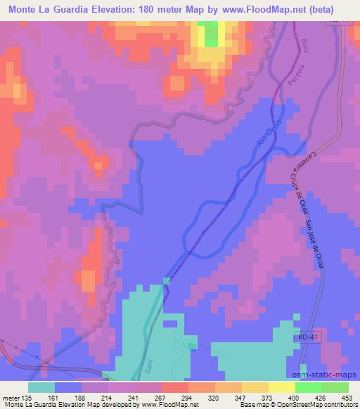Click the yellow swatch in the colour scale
click(281, 387)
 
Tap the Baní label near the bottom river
click(161, 366)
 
